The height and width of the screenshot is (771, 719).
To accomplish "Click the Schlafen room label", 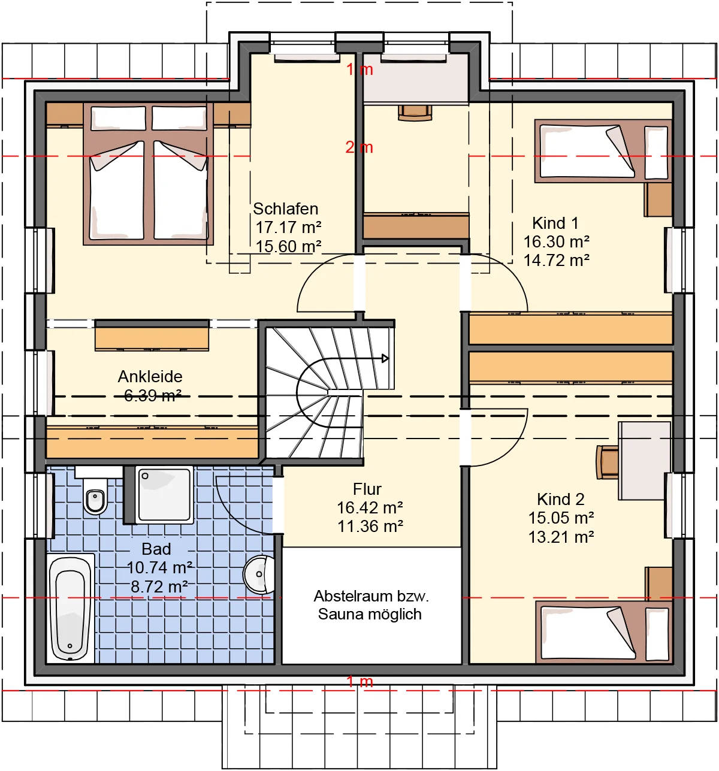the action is click(285, 209).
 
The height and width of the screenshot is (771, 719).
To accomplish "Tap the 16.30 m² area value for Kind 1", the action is click(556, 242).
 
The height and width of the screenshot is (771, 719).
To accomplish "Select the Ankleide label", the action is click(150, 376).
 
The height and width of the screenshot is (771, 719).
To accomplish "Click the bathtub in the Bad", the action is click(70, 608).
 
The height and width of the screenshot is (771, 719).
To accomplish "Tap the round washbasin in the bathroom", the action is click(259, 575).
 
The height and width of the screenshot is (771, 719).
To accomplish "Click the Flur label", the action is click(367, 489).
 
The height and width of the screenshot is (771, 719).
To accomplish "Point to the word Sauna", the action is click(339, 614).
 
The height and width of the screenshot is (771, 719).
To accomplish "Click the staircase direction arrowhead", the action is click(385, 358).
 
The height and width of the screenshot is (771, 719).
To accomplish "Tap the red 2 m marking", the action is click(359, 147).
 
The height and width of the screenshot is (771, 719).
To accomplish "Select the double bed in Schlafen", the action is click(149, 174).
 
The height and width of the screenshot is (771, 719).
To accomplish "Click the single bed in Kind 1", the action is click(603, 151).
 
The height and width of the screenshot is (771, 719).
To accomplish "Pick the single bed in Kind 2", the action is click(604, 633).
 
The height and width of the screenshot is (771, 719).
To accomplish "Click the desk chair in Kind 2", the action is click(607, 462).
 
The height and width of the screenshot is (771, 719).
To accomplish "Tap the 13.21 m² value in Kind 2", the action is click(561, 537).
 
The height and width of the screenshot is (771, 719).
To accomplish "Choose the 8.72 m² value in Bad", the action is click(159, 586).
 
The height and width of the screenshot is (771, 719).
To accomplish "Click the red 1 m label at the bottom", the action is click(359, 681).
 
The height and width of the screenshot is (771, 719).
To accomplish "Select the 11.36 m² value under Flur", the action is click(370, 527).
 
